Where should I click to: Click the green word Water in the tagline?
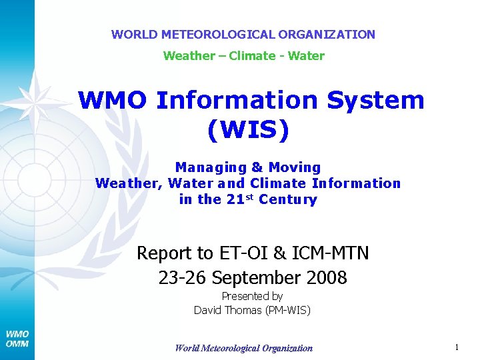(x=307, y=55)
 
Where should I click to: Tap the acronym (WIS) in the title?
(x=249, y=130)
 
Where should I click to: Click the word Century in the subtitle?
(x=288, y=199)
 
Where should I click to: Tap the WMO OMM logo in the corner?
(x=17, y=339)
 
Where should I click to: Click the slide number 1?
(x=457, y=347)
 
